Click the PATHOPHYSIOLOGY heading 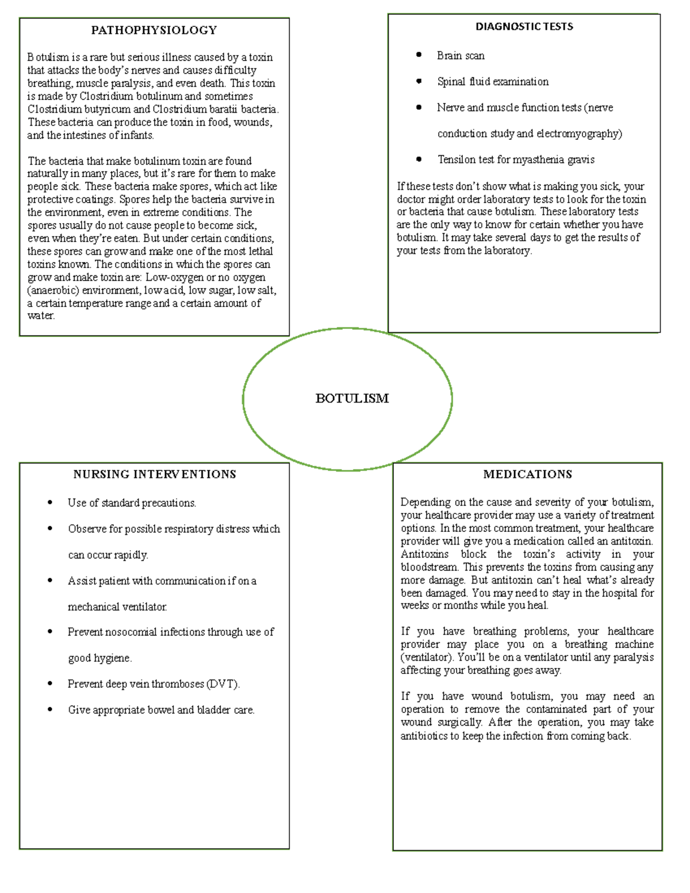[154, 30]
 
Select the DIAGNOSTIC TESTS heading [524, 26]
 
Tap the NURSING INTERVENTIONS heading [154, 474]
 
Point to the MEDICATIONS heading [527, 474]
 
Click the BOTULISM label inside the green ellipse [352, 398]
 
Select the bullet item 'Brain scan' [461, 56]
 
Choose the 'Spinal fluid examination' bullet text [493, 82]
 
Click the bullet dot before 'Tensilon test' [419, 159]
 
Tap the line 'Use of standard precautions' [132, 503]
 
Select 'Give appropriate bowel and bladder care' [161, 710]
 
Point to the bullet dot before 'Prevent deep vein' [50, 684]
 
